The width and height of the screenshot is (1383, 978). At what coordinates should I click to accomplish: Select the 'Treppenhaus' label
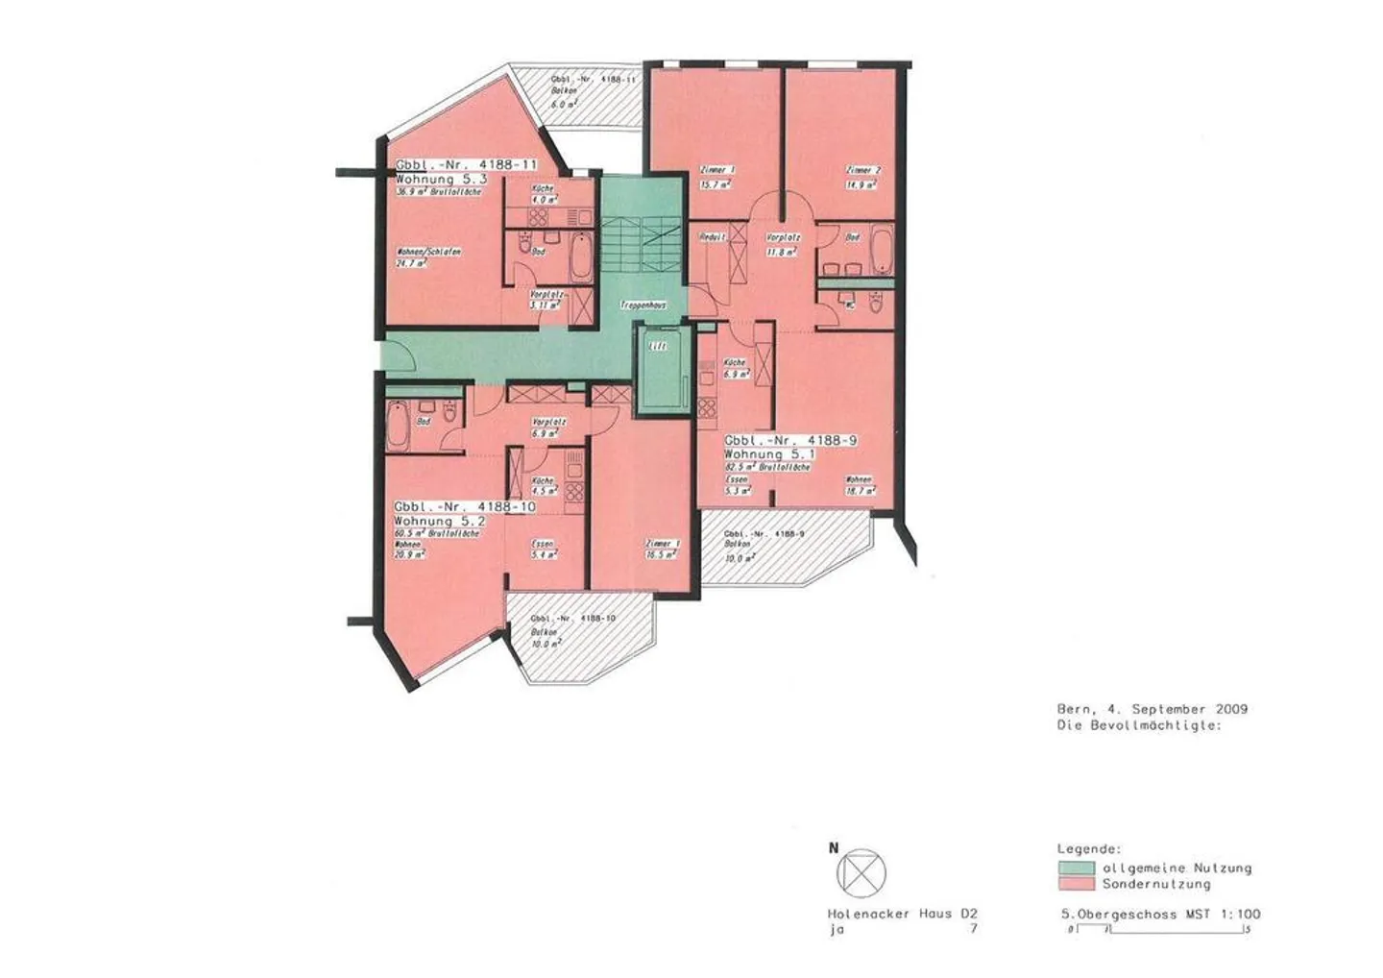(643, 304)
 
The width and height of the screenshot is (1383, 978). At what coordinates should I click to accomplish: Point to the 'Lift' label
(658, 346)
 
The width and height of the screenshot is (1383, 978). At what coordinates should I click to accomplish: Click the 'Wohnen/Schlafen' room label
(428, 252)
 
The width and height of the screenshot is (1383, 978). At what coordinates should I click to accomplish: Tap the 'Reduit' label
(713, 236)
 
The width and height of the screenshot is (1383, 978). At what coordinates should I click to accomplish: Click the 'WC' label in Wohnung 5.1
(851, 306)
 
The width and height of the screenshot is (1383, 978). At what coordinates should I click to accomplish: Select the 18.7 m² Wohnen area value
(860, 490)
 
